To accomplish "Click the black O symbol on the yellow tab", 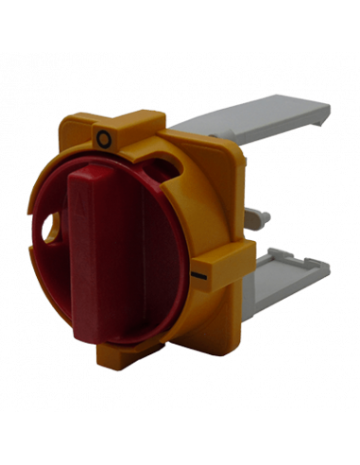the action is [104, 139].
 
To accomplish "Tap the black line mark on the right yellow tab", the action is [199, 276].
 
